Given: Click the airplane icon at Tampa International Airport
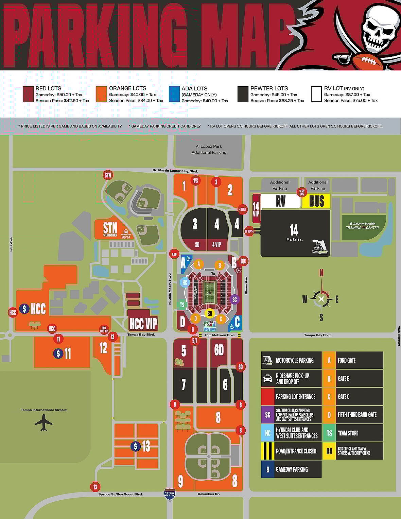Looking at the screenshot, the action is point(43,422).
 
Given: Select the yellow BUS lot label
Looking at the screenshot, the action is point(316,201).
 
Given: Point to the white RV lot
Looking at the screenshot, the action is point(281,201).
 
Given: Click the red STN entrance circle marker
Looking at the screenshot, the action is point(108,175).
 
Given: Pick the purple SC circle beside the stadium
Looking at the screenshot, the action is point(234,299).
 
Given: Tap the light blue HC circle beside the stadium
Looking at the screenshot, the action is point(185,282).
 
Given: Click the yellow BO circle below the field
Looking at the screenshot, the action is point(210,313).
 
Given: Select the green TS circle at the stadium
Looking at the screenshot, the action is point(182,305).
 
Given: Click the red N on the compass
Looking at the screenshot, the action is point(321,273).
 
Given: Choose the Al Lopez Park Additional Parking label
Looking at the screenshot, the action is point(209,149).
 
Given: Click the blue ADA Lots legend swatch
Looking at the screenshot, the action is point(174,94).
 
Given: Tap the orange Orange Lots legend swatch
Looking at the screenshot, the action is point(101,94).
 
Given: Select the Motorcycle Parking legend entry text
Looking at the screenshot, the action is point(295,360).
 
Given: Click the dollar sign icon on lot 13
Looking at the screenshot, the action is point(136,446).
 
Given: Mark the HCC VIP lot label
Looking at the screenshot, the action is point(143,323).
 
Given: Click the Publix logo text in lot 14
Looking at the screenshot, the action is point(294,239).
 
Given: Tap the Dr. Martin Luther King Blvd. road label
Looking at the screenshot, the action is point(175,171).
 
